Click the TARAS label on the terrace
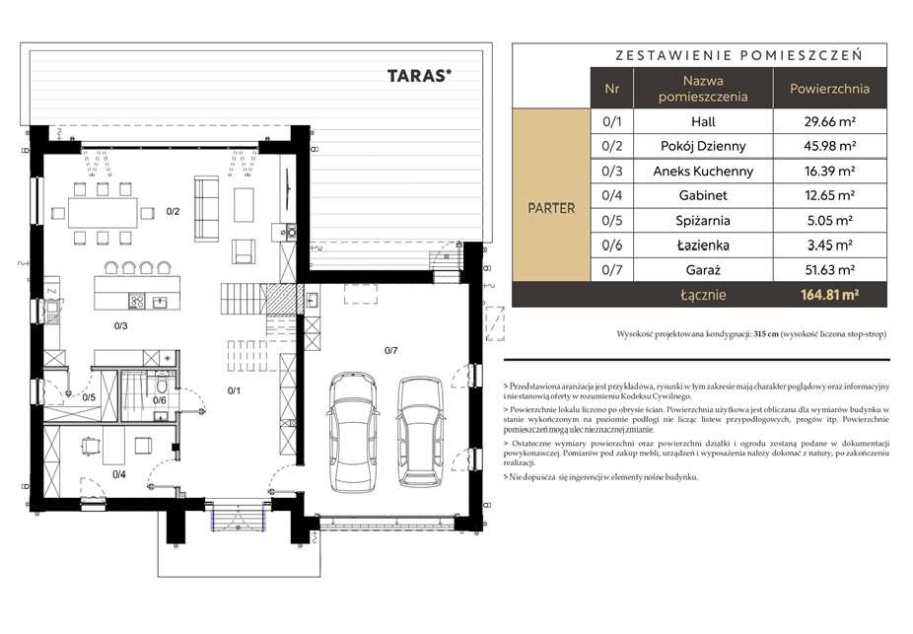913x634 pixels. tap(419, 76)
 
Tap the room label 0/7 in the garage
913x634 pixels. tap(390, 350)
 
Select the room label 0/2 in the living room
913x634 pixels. tap(173, 211)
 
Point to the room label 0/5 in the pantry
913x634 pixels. tap(89, 397)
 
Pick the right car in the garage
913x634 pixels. tap(420, 432)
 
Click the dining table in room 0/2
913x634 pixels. tap(104, 213)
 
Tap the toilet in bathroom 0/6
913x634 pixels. tap(162, 386)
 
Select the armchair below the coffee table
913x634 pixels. tap(244, 251)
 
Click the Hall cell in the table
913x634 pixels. tap(703, 121)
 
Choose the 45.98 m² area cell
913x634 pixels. tap(830, 146)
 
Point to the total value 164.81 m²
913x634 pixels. tap(830, 295)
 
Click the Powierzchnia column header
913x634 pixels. tap(830, 89)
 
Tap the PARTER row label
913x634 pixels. tap(551, 208)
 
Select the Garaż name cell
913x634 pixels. tap(703, 270)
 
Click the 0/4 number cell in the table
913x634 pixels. tap(612, 195)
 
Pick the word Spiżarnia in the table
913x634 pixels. tap(703, 221)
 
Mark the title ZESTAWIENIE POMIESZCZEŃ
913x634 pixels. tap(738, 55)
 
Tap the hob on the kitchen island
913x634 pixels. tap(137, 301)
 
